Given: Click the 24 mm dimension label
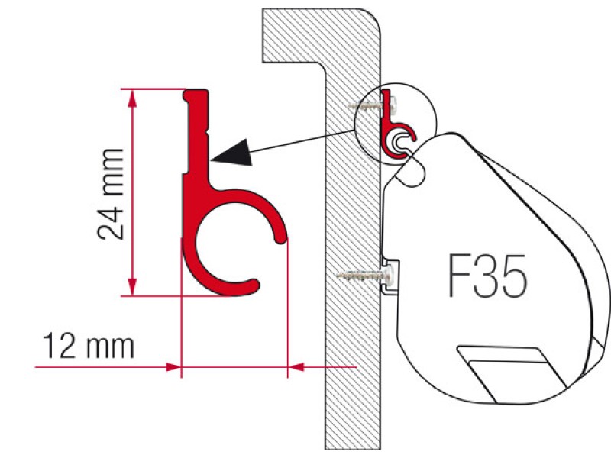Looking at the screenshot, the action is tap(111, 194).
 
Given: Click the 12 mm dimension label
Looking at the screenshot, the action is tap(89, 346).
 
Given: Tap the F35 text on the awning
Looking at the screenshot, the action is tap(487, 276).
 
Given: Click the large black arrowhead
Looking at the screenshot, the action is tap(233, 153).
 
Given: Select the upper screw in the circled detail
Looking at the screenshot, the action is tap(372, 105).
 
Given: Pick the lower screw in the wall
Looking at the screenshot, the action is tap(364, 275).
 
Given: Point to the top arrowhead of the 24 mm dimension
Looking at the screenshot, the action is tap(133, 98).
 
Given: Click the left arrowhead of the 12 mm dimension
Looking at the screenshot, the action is tap(173, 367).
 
